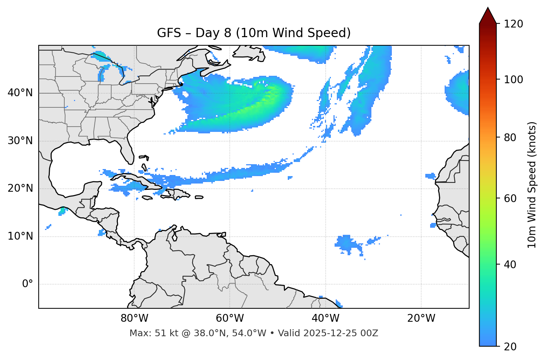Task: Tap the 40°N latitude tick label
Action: pyautogui.click(x=20, y=93)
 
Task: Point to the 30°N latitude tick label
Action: pyautogui.click(x=20, y=141)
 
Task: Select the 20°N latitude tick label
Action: pyautogui.click(x=20, y=188)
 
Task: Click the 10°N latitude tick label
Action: pyautogui.click(x=20, y=236)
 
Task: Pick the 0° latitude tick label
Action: pyautogui.click(x=28, y=284)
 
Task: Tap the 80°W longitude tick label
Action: pyautogui.click(x=135, y=318)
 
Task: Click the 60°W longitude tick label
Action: pyautogui.click(x=230, y=318)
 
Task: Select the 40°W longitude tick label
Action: pyautogui.click(x=325, y=318)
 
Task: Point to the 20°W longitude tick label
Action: pyautogui.click(x=421, y=318)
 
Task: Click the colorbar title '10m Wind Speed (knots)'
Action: pyautogui.click(x=532, y=185)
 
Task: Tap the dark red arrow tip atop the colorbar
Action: pyautogui.click(x=488, y=15)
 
